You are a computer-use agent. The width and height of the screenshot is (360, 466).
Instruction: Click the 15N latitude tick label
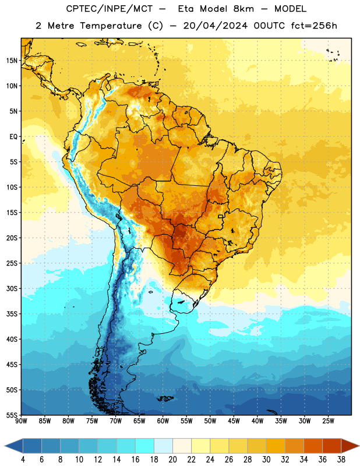click(x=12, y=61)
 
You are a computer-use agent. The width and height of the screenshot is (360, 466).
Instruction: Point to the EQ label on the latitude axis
click(x=13, y=137)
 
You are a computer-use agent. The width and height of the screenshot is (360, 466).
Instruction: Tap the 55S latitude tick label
click(x=12, y=415)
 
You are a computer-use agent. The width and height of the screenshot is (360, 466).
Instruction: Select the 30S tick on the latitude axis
click(x=12, y=288)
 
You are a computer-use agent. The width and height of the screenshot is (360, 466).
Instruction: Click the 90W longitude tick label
click(x=21, y=421)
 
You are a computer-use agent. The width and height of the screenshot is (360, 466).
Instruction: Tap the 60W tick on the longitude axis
click(x=163, y=421)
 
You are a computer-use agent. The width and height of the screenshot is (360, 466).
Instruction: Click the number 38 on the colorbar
click(x=341, y=460)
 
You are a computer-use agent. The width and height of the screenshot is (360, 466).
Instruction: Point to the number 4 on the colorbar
click(x=23, y=460)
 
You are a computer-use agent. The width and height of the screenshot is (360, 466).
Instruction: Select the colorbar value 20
click(x=172, y=460)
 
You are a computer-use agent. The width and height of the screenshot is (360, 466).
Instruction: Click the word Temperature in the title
click(x=111, y=26)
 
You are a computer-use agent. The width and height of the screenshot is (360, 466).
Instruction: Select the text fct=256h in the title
click(x=314, y=26)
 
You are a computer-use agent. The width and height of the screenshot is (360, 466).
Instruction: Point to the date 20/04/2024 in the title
click(x=215, y=26)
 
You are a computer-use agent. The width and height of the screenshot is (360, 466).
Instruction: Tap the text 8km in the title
click(x=243, y=9)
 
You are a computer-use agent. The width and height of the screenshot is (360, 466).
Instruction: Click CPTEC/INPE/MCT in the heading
click(x=109, y=9)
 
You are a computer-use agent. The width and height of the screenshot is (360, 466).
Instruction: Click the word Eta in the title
click(x=186, y=9)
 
